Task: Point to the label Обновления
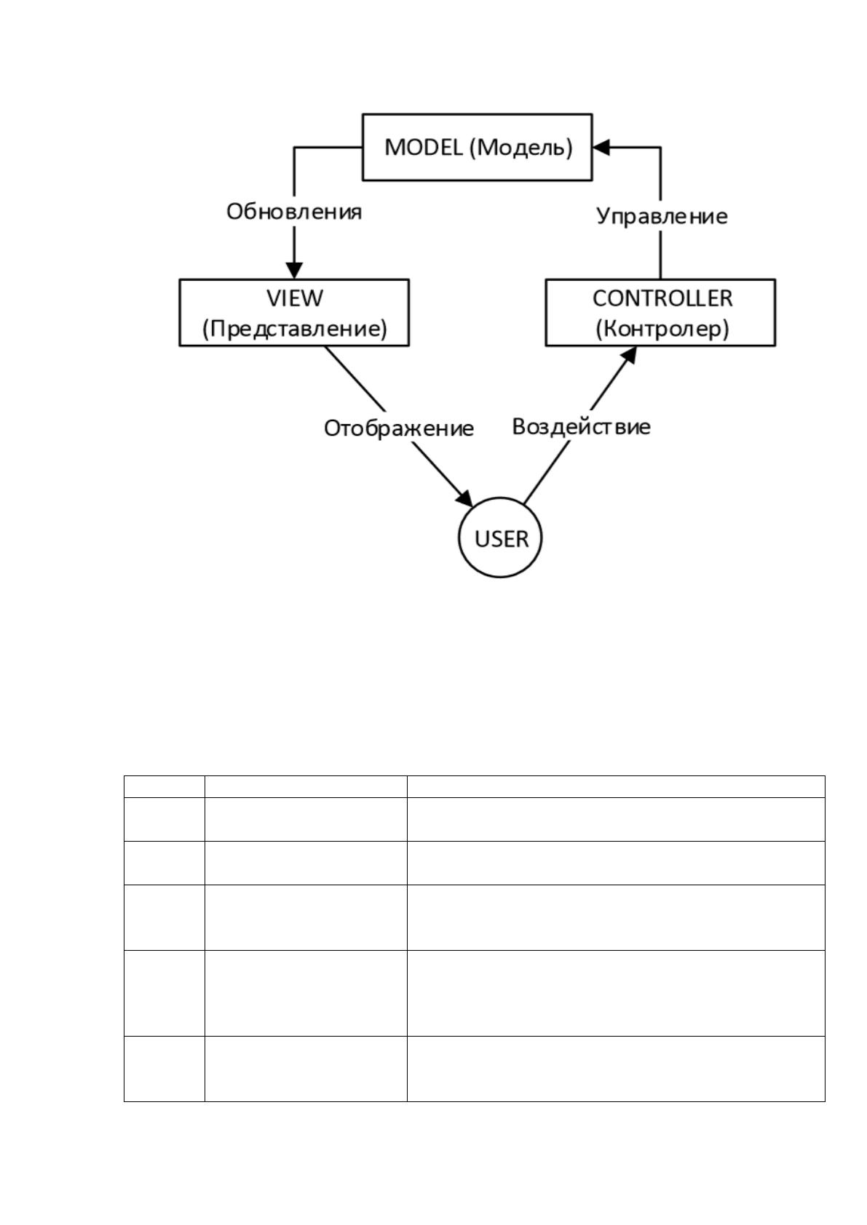294,212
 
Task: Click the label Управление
662,217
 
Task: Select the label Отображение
398,428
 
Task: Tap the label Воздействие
582,426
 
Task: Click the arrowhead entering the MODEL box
601,147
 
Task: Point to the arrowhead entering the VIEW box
294,271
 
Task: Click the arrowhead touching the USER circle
464,498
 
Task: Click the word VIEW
295,298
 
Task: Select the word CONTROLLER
662,298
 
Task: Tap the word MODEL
424,147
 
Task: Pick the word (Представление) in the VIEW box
295,329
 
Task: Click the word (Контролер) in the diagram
662,329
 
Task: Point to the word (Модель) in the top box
521,148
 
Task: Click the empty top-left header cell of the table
165,786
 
